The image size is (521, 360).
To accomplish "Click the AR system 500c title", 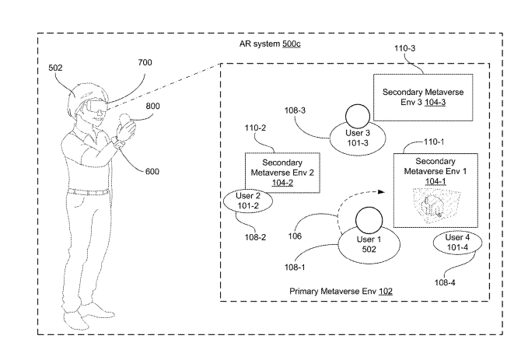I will pos(270,44).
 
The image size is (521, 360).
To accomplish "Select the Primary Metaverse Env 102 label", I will pos(341,291).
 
